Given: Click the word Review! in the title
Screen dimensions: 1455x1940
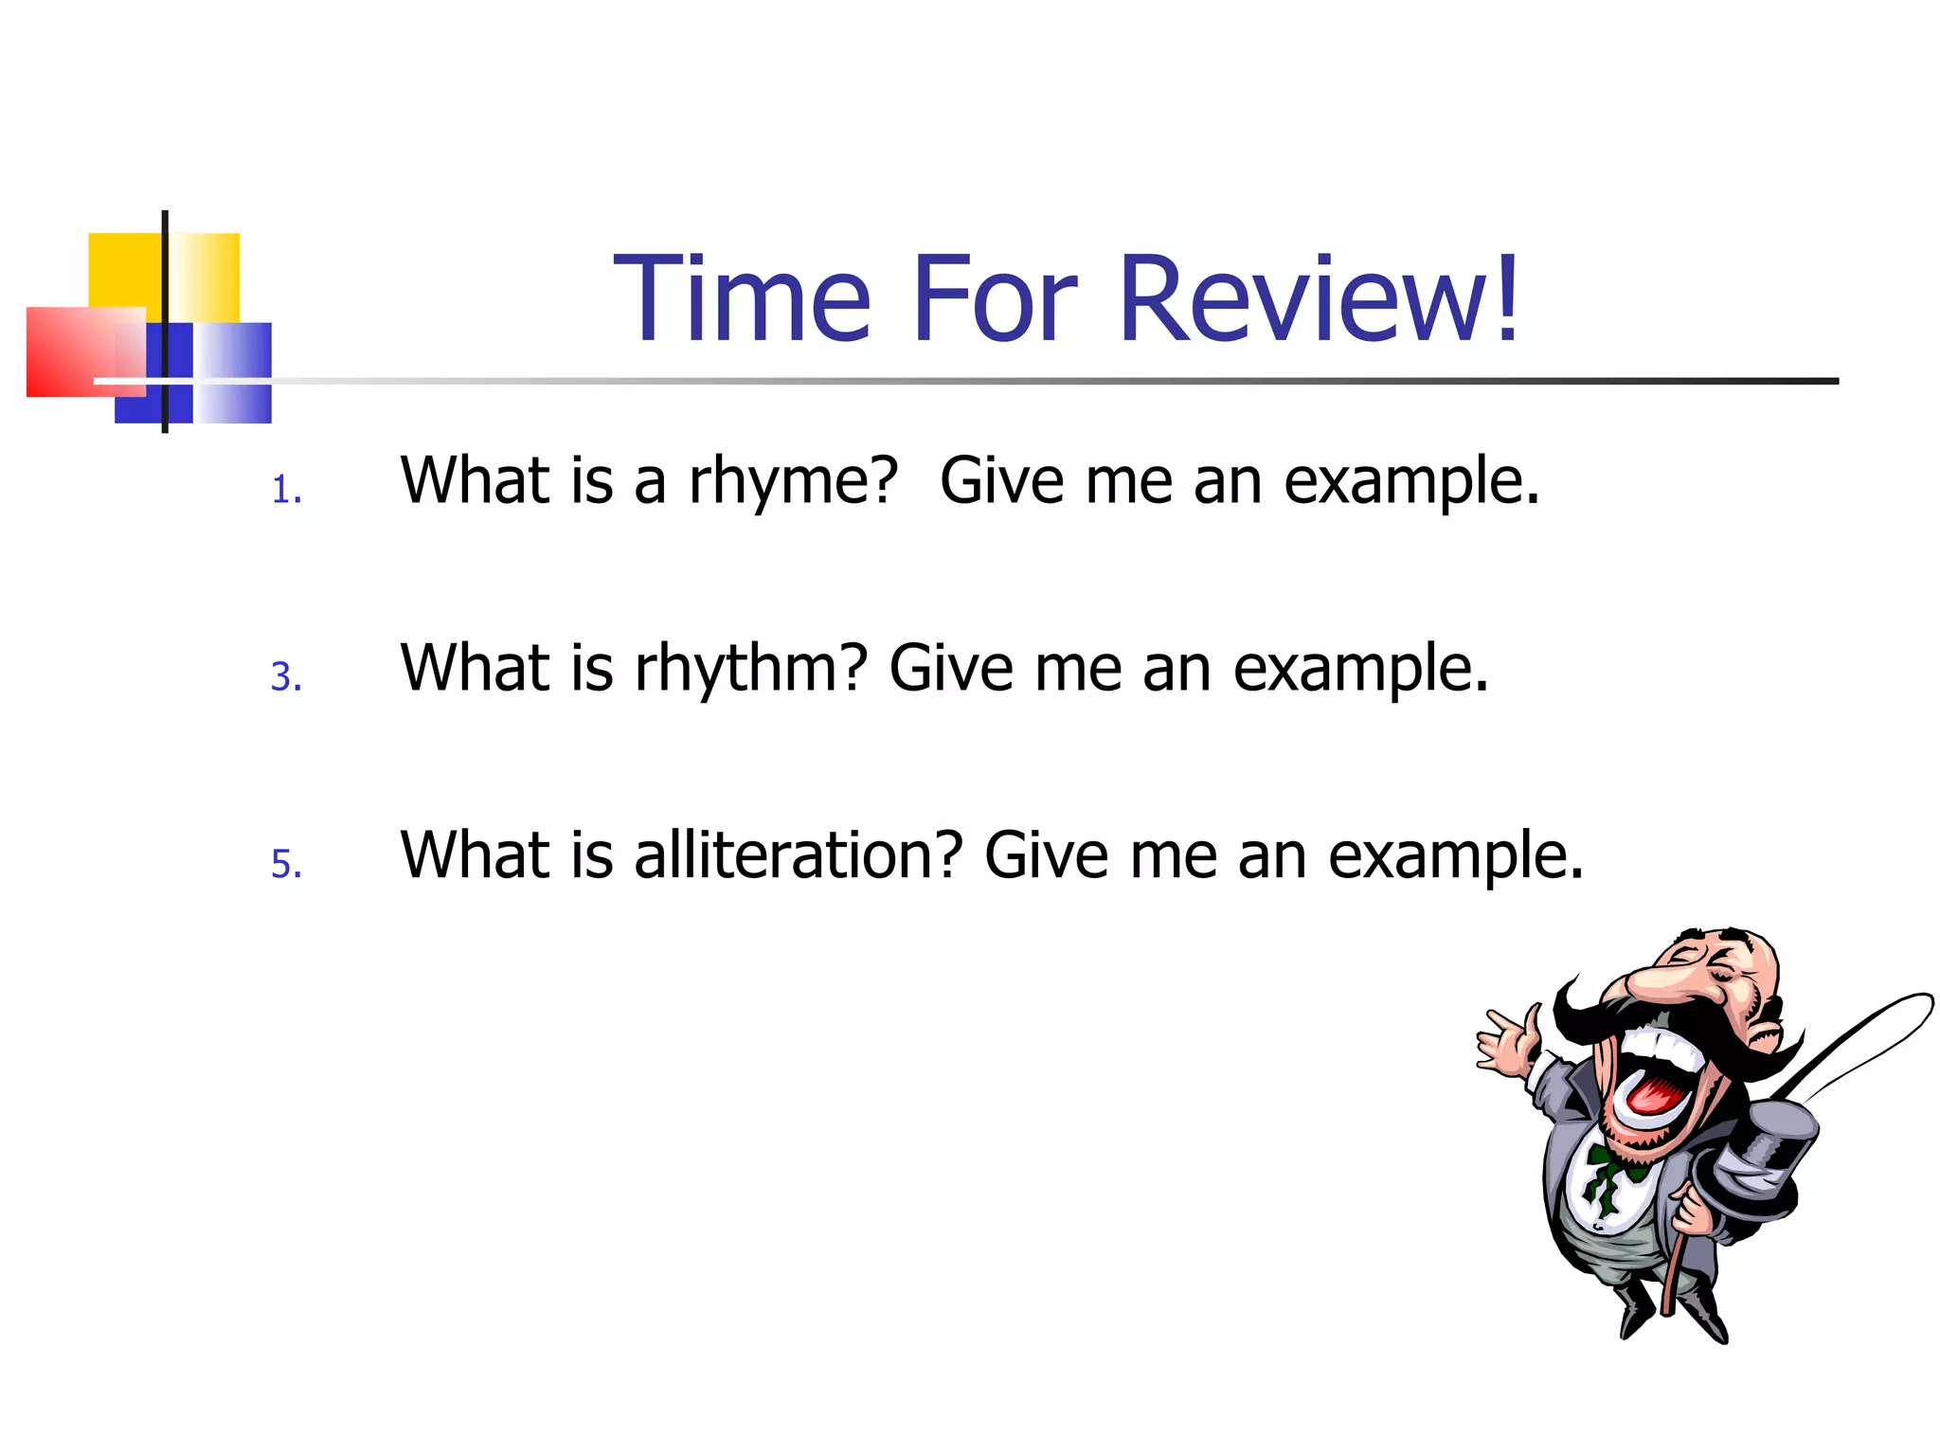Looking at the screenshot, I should (x=1319, y=298).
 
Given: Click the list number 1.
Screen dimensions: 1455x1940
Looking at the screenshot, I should (x=286, y=491).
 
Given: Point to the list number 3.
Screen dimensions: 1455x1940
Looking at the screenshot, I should (x=286, y=677).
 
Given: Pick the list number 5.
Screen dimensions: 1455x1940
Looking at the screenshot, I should (x=286, y=864).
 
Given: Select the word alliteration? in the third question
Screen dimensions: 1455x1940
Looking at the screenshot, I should (x=798, y=855).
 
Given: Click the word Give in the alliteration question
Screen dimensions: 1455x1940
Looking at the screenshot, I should (x=1046, y=855).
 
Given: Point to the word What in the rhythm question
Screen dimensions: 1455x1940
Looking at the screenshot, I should (x=474, y=668).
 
